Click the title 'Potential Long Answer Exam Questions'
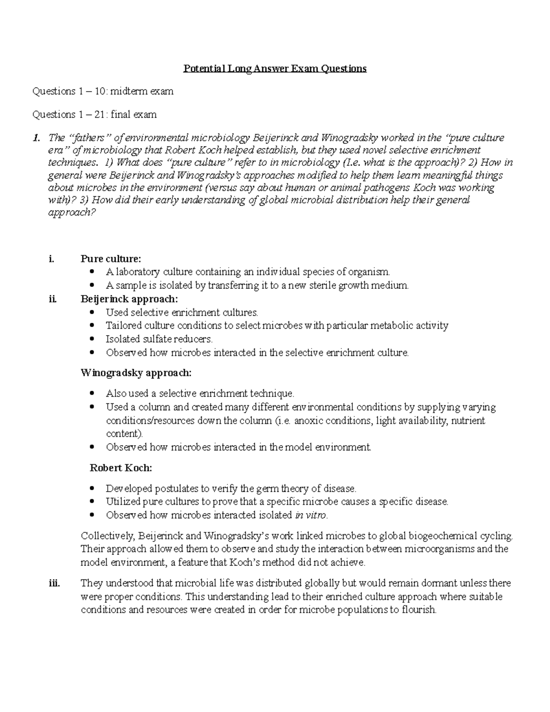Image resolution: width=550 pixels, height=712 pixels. [275, 69]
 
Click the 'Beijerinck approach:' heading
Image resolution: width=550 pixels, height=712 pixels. [129, 299]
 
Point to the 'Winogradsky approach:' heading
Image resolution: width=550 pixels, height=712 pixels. [136, 373]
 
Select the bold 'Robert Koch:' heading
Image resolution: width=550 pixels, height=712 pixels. [121, 468]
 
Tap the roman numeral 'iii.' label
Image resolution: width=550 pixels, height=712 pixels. [54, 583]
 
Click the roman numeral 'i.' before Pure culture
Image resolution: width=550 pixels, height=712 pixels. [51, 259]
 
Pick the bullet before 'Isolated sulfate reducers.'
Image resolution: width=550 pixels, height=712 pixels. [93, 339]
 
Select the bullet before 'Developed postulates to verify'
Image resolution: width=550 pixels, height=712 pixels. [93, 488]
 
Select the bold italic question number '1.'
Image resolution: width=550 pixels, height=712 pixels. [36, 138]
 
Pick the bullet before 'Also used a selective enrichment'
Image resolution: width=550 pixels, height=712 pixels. [93, 393]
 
